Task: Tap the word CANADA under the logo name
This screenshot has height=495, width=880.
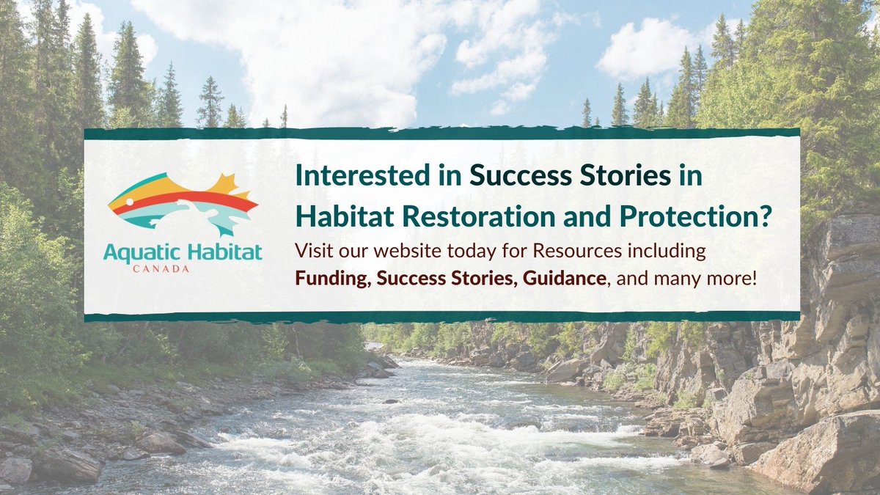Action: pyautogui.click(x=183, y=269)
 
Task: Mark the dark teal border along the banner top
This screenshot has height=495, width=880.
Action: pyautogui.click(x=440, y=133)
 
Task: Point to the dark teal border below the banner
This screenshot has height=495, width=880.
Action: pyautogui.click(x=440, y=317)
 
